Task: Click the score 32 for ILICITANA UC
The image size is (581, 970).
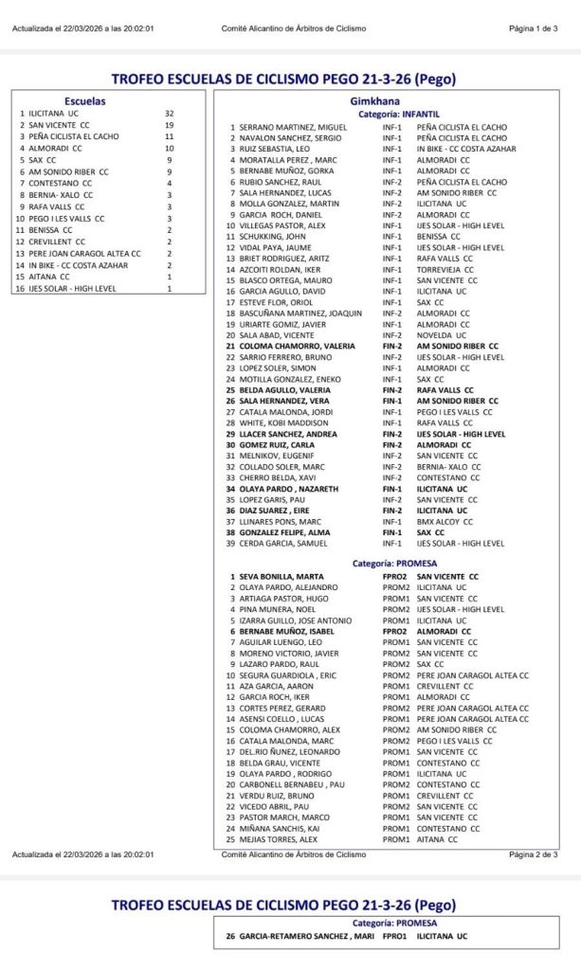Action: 169,113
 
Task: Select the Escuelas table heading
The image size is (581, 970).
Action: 84,99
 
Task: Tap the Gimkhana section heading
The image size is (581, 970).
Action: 378,99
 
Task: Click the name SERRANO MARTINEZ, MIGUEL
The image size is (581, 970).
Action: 293,127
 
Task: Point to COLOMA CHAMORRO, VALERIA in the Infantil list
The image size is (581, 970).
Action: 290,346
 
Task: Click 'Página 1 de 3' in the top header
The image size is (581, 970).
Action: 533,28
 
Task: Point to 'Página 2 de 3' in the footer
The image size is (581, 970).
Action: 533,853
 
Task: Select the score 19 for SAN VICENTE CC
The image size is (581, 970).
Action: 169,125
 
